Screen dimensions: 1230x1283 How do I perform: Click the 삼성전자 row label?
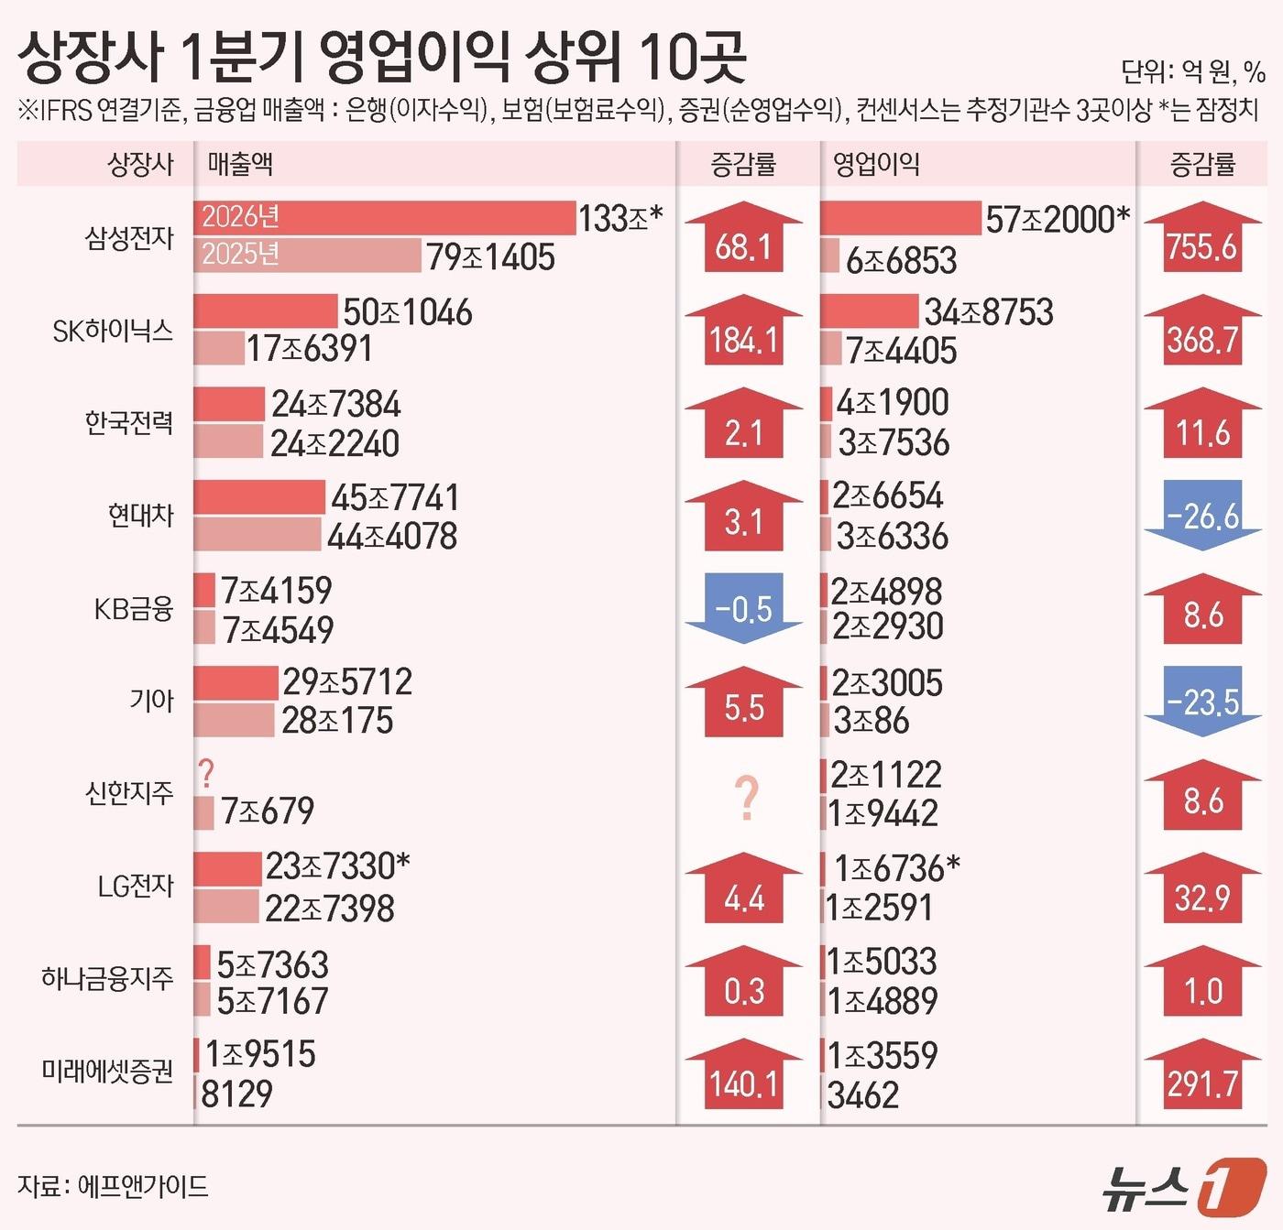pos(129,238)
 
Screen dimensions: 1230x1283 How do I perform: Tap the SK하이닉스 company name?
pos(113,331)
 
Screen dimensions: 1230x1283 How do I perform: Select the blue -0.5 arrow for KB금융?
pos(743,608)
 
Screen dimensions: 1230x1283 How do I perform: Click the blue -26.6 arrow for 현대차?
pos(1202,516)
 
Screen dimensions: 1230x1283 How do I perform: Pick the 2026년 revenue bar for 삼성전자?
pos(385,217)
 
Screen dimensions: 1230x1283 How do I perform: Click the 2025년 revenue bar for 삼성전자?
pos(308,255)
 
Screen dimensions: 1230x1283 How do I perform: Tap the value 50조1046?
pos(408,312)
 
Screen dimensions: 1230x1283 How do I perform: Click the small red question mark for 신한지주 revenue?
pos(206,775)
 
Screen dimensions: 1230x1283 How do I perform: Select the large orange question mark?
pos(747,799)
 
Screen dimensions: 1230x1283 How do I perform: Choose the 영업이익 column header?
pos(876,165)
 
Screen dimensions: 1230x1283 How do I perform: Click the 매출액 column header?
pos(240,165)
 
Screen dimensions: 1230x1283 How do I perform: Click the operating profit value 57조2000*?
pos(1057,219)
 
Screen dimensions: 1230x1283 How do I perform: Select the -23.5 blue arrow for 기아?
pos(1202,701)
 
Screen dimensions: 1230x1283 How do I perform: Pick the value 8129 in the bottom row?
pos(236,1094)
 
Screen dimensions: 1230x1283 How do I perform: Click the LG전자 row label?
pos(136,886)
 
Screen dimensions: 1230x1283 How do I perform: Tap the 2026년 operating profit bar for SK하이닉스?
pos(870,311)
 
